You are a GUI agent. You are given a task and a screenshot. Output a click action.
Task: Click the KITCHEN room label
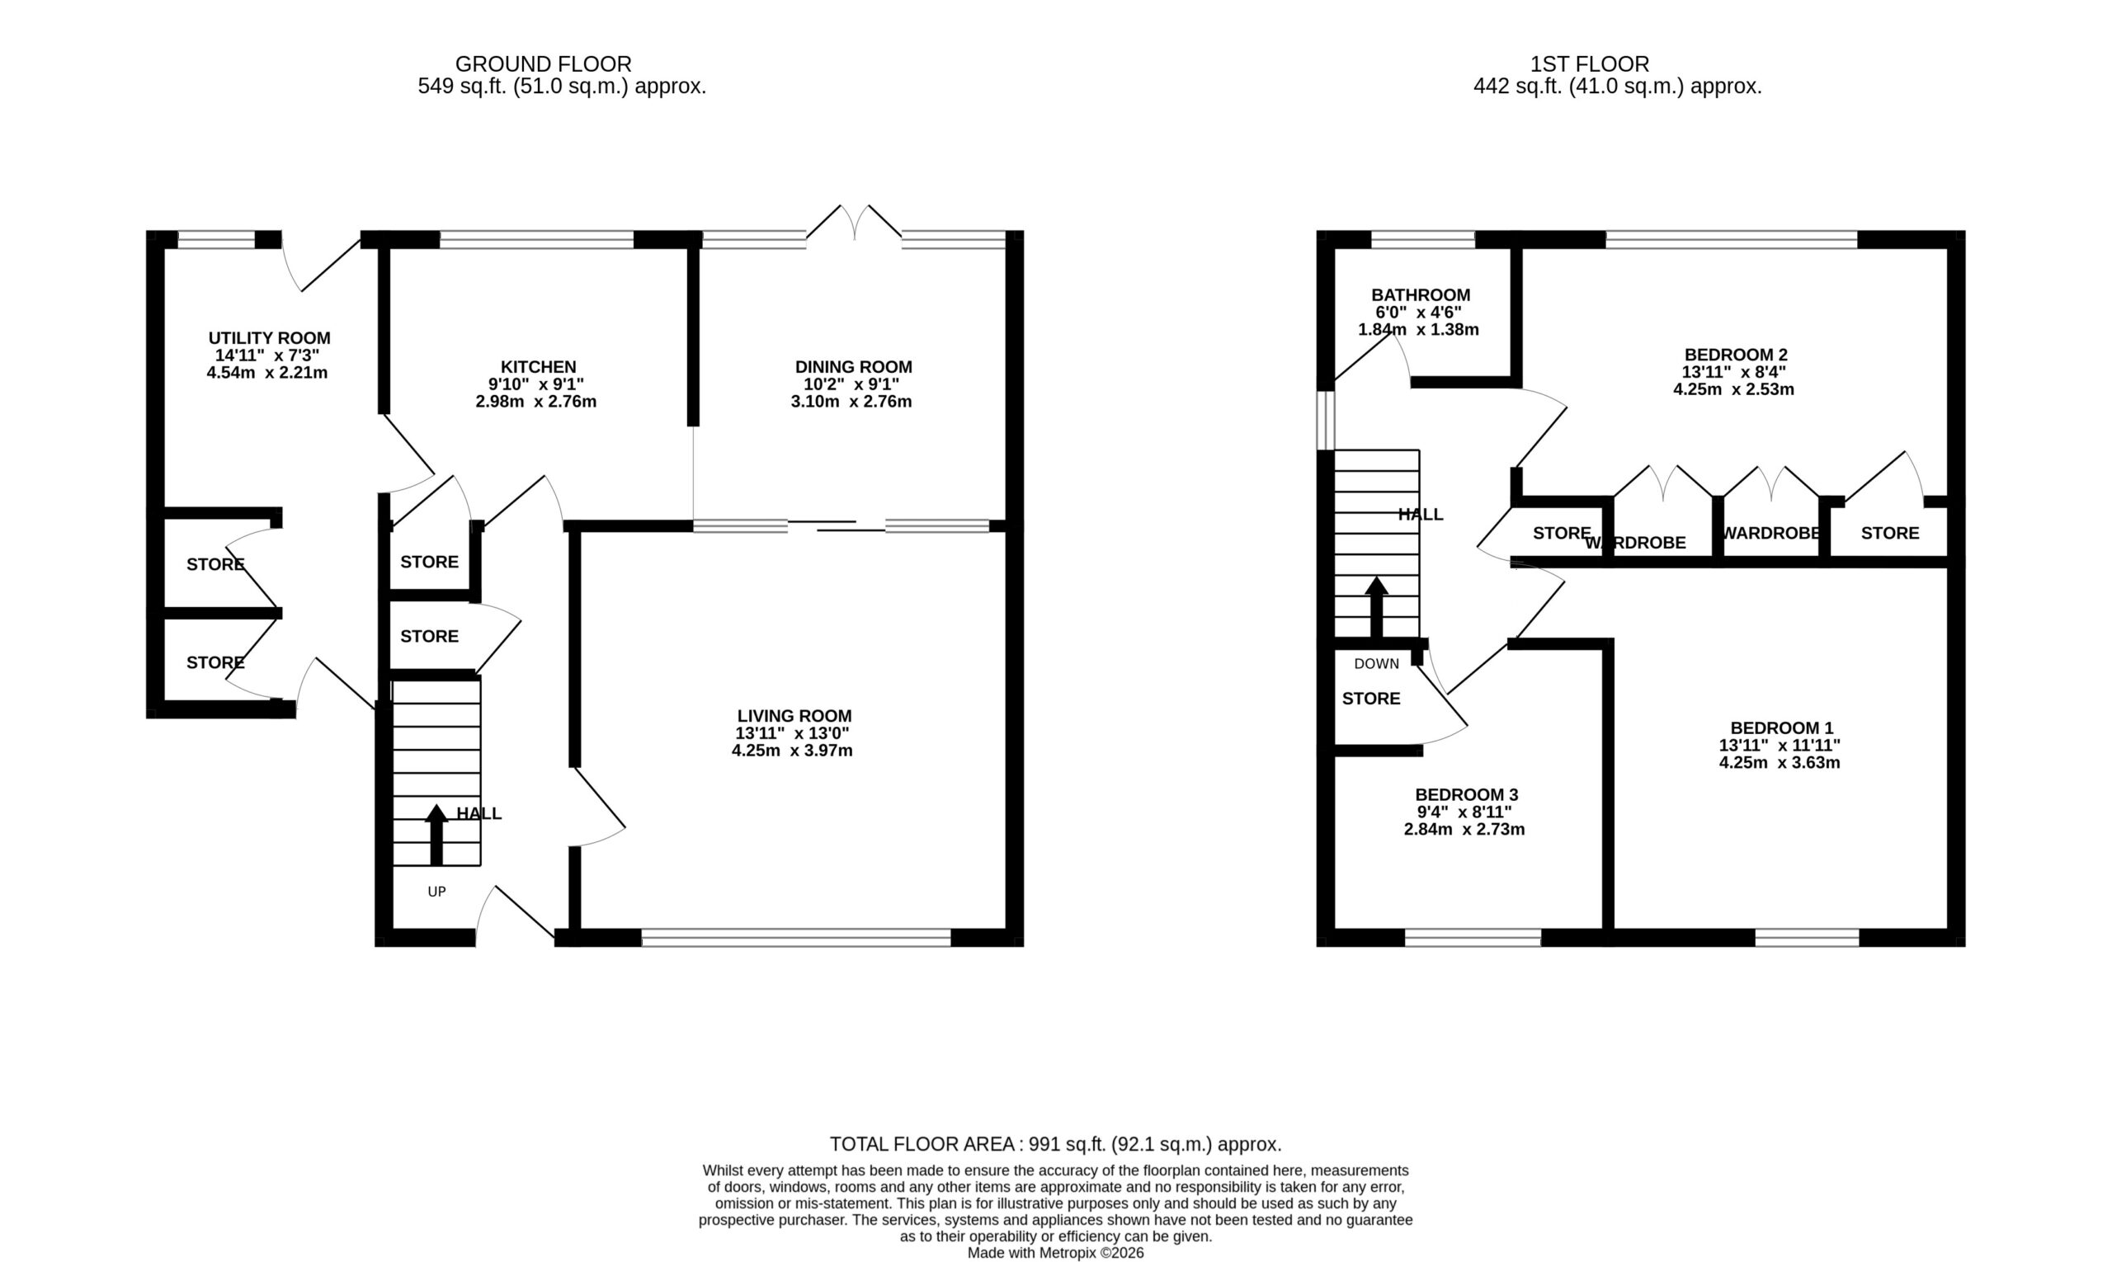click(538, 367)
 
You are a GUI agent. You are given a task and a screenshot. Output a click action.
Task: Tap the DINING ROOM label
click(853, 367)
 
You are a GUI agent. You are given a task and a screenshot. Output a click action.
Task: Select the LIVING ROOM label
click(794, 716)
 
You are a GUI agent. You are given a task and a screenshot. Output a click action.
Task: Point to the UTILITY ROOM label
click(269, 338)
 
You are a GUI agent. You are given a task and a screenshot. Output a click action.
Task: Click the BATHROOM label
click(1421, 295)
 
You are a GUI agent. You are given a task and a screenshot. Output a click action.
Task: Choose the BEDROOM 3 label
click(1466, 794)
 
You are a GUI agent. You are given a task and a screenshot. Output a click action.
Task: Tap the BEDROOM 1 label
click(1781, 728)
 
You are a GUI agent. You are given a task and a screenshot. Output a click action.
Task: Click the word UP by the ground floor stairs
click(436, 891)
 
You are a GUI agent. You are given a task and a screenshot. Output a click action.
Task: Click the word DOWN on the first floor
click(1376, 663)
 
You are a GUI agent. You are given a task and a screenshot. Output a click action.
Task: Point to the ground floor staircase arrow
click(436, 835)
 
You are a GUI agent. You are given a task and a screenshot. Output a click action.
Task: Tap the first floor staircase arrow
click(1376, 607)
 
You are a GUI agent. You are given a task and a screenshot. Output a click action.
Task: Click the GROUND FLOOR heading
click(543, 64)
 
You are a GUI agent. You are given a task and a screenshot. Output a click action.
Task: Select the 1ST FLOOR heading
click(1589, 64)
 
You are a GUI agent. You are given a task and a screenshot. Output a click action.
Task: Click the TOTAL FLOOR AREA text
click(1054, 1144)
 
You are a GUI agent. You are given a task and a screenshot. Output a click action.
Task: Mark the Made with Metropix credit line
click(1055, 1253)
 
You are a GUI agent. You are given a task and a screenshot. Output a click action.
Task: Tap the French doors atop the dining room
click(854, 223)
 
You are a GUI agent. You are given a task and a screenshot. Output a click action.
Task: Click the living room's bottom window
click(796, 937)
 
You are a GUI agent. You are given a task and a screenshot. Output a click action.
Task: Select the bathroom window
click(1422, 240)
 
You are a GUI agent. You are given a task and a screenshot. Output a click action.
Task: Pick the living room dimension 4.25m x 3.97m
click(792, 751)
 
